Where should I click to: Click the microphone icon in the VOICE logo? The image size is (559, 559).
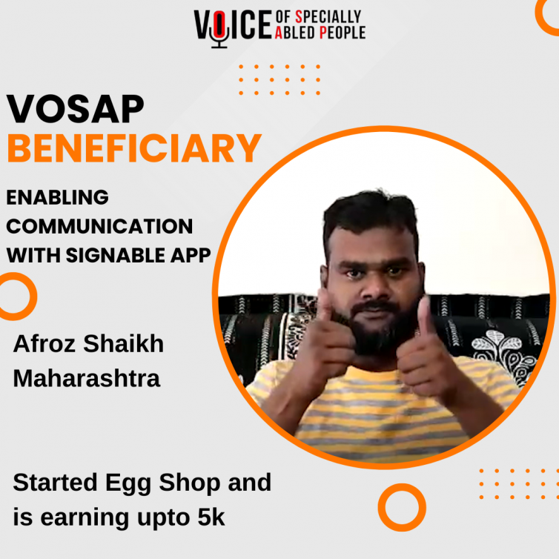pyautogui.click(x=219, y=29)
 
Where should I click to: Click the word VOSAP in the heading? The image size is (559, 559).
pyautogui.click(x=75, y=109)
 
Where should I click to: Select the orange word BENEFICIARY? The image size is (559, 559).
pyautogui.click(x=134, y=148)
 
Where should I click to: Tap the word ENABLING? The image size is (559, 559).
pyautogui.click(x=57, y=197)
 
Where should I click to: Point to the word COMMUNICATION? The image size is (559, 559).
pyautogui.click(x=99, y=226)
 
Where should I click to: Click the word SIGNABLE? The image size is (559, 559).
pyautogui.click(x=116, y=255)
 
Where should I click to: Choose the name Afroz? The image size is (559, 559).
pyautogui.click(x=44, y=344)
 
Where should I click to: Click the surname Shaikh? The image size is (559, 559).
pyautogui.click(x=123, y=344)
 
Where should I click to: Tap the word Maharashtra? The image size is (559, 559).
pyautogui.click(x=87, y=378)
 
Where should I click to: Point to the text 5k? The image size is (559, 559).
pyautogui.click(x=211, y=517)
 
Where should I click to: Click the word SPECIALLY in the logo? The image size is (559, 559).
pyautogui.click(x=328, y=17)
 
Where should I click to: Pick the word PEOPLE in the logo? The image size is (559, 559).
pyautogui.click(x=343, y=33)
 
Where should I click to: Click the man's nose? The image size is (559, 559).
pyautogui.click(x=372, y=291)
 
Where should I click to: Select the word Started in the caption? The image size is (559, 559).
pyautogui.click(x=55, y=483)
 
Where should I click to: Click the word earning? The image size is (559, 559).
pyautogui.click(x=85, y=518)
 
